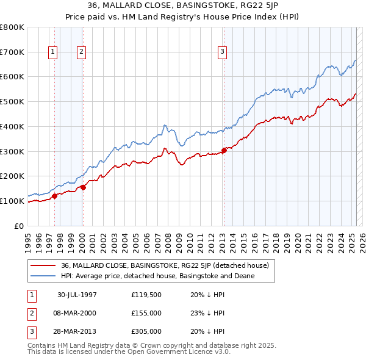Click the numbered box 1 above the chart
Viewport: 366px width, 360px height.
(53, 52)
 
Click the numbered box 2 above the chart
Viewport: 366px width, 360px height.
(81, 52)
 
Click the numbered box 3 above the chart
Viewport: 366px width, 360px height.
(223, 52)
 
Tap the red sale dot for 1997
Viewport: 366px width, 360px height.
(54, 196)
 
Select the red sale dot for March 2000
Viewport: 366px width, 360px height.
(83, 187)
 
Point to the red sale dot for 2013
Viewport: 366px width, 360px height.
(224, 149)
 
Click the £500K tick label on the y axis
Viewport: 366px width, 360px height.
(12, 101)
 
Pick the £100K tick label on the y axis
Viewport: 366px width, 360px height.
(12, 201)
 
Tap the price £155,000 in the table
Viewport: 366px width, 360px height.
(146, 314)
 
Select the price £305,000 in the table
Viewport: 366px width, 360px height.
(146, 331)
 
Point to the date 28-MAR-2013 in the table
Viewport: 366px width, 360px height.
(77, 331)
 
